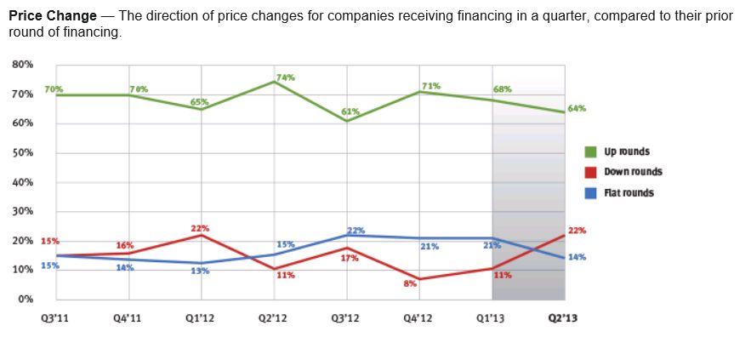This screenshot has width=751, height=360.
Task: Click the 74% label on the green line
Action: click(x=285, y=77)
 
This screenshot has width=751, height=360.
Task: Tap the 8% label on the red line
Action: click(x=410, y=283)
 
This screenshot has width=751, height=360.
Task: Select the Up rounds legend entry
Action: click(x=626, y=151)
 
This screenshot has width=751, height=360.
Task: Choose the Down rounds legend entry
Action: click(x=633, y=172)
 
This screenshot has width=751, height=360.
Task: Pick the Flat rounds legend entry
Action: click(x=629, y=193)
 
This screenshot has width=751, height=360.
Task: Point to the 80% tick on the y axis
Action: click(x=23, y=64)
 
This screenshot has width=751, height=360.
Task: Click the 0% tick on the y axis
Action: click(x=26, y=299)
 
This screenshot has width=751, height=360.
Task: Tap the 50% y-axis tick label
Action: click(x=23, y=152)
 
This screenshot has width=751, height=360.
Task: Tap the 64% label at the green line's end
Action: click(x=577, y=109)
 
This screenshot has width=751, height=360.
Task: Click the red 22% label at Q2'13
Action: click(x=577, y=231)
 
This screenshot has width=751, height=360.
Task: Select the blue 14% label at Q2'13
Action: click(x=577, y=257)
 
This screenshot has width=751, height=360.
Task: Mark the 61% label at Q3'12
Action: click(x=350, y=111)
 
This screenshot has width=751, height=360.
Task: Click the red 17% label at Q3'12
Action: click(x=349, y=257)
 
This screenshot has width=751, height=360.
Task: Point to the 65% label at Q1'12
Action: click(x=199, y=102)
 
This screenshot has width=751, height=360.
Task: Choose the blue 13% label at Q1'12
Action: click(x=199, y=271)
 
